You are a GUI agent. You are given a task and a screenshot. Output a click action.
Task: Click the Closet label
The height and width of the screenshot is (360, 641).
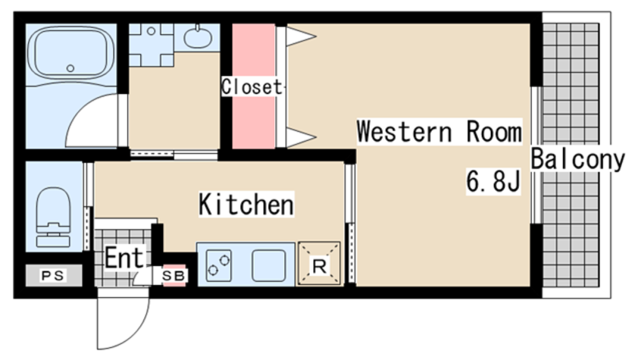[252, 86]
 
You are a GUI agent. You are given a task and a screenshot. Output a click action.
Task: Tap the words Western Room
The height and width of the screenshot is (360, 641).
[439, 131]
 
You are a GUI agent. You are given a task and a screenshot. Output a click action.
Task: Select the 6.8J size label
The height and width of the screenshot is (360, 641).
[493, 181]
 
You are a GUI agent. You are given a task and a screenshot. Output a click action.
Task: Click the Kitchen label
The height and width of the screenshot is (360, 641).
[246, 204]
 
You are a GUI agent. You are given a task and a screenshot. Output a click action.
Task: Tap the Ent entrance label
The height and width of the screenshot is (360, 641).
[124, 258]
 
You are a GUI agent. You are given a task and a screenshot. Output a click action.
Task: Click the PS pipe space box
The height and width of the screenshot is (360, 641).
[54, 275]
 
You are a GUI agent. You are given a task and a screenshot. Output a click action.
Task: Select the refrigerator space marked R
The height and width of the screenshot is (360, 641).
[319, 264]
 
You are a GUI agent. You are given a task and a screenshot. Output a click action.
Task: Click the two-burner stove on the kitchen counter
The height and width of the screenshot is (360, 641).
[219, 265]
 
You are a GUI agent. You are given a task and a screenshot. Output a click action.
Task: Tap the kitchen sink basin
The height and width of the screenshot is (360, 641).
[268, 265]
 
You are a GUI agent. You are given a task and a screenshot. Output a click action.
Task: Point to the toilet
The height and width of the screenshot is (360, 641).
[53, 218]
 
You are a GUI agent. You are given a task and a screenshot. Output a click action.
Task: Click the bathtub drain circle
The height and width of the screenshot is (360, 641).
[70, 68]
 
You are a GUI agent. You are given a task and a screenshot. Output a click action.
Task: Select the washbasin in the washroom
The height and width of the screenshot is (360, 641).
[198, 38]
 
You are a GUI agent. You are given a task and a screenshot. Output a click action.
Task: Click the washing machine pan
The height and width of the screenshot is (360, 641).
[151, 45]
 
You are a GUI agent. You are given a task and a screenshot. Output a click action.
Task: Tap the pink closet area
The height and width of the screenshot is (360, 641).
[254, 86]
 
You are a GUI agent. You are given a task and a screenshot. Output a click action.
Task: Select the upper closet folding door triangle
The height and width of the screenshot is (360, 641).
[301, 36]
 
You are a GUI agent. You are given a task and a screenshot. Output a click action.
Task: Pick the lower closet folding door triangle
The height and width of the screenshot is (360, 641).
[301, 137]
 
